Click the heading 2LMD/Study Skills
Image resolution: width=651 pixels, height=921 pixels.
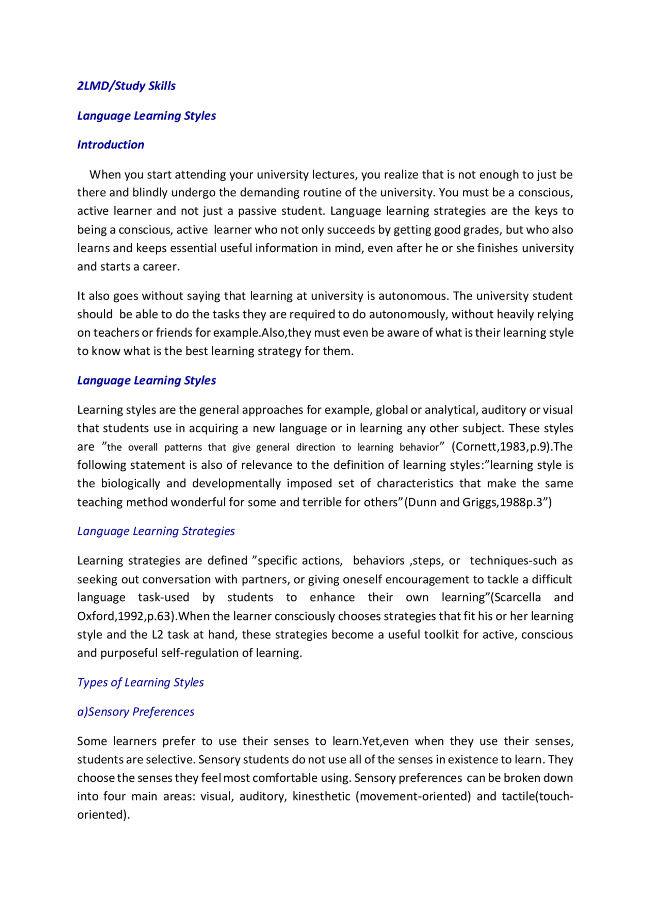point(126,86)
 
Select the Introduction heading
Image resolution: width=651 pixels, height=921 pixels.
point(110,145)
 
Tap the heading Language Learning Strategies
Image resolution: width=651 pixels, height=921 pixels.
point(156,531)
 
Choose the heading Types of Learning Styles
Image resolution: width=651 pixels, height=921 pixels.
point(140,682)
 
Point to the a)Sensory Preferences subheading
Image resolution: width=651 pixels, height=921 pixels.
point(135,712)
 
